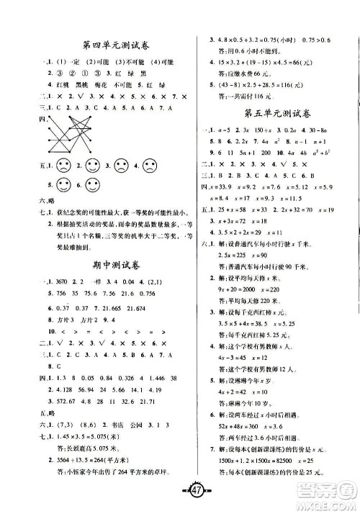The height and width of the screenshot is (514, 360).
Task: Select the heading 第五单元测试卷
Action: pos(274,113)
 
